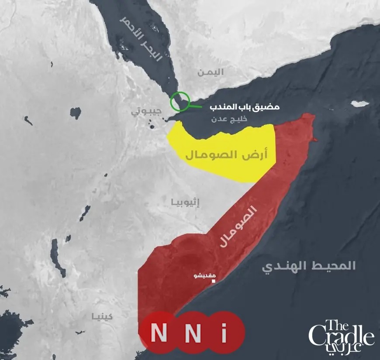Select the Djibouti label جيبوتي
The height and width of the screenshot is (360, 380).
[146, 111]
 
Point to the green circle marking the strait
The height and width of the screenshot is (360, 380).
[180, 102]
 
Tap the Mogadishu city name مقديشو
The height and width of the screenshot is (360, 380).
[203, 276]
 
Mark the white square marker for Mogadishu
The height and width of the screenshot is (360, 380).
[214, 282]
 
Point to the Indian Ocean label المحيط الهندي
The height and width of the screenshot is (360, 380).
[309, 266]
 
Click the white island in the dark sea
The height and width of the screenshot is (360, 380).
[361, 104]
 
